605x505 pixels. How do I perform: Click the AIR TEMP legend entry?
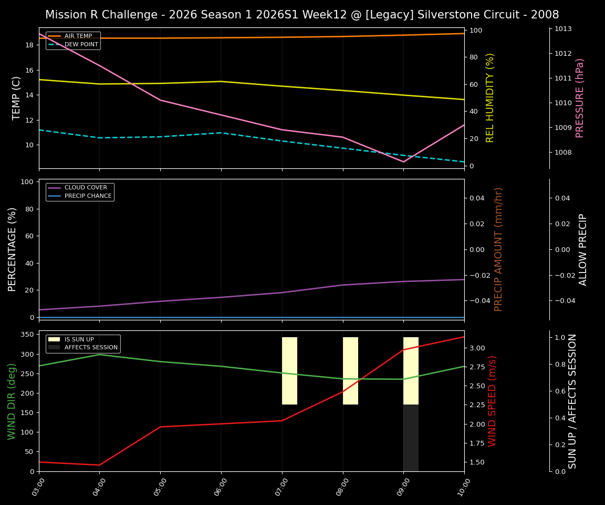(x=78, y=36)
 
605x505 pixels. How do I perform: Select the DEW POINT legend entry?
(x=81, y=45)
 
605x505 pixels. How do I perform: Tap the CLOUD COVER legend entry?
(x=85, y=188)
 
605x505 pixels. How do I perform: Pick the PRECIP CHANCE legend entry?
(x=88, y=196)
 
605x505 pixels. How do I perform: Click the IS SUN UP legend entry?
(x=79, y=339)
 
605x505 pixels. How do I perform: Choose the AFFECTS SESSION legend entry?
(x=90, y=348)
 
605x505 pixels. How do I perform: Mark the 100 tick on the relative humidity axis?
(x=475, y=31)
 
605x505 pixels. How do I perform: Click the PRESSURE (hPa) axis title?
(x=580, y=98)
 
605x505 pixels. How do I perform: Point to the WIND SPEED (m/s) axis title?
(x=492, y=401)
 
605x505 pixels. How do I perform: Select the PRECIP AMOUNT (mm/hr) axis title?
(x=498, y=249)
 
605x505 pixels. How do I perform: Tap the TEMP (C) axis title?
(x=17, y=98)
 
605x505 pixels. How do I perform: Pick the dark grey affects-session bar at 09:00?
(x=411, y=438)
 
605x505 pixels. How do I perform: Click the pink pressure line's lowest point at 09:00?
(x=403, y=161)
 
